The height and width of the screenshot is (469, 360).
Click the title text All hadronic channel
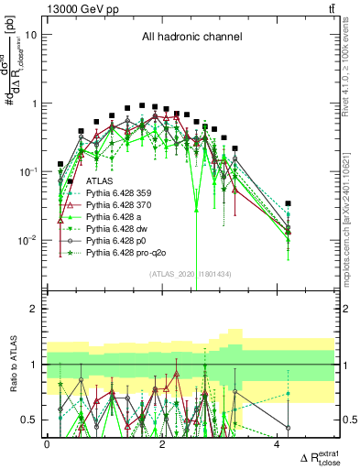click(x=191, y=38)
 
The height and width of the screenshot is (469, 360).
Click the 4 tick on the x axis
click(x=277, y=444)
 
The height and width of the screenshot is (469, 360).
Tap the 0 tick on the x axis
click(x=47, y=444)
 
